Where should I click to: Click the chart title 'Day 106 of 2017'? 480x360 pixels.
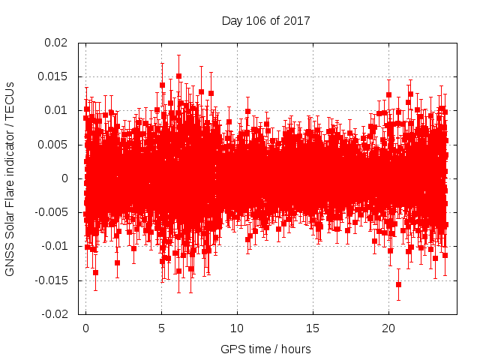265,19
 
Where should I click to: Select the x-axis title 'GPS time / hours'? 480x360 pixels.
265,349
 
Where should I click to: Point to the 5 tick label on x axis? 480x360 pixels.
161,328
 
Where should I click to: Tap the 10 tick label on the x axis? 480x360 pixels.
237,328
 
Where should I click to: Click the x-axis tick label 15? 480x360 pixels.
313,328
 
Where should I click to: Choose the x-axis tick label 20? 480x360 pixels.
388,328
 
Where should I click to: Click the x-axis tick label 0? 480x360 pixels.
85,328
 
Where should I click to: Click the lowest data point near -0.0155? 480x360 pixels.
398,284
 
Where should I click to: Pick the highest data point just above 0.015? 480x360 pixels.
178,76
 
